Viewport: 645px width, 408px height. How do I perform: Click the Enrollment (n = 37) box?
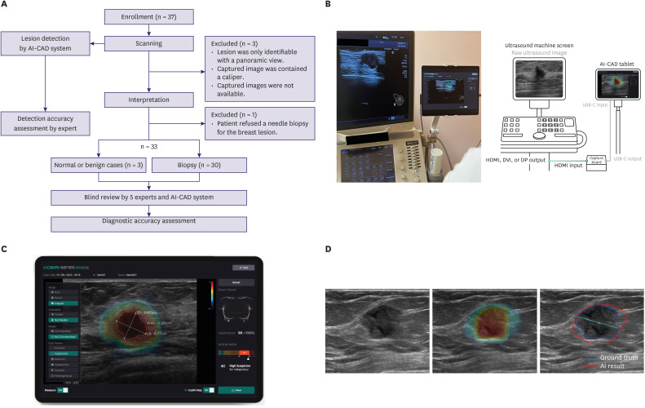(149, 16)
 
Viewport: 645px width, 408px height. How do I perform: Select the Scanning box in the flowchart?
(149, 42)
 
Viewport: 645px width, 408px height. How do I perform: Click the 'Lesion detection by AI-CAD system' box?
(44, 42)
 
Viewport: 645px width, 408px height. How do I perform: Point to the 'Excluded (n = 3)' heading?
(236, 42)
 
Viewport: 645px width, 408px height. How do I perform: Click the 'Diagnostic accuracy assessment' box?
(149, 221)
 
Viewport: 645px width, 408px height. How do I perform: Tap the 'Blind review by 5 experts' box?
(149, 197)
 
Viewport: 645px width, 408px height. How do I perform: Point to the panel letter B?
(328, 5)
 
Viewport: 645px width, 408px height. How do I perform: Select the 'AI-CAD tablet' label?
(612, 63)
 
